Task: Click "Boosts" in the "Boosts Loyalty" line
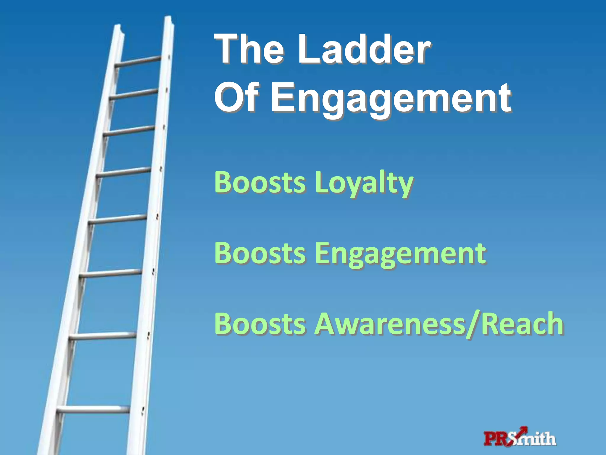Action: (x=260, y=182)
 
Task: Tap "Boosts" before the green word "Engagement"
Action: (x=260, y=253)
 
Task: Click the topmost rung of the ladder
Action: (x=138, y=61)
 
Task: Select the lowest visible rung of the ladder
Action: (x=93, y=410)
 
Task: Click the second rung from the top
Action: (x=133, y=94)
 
